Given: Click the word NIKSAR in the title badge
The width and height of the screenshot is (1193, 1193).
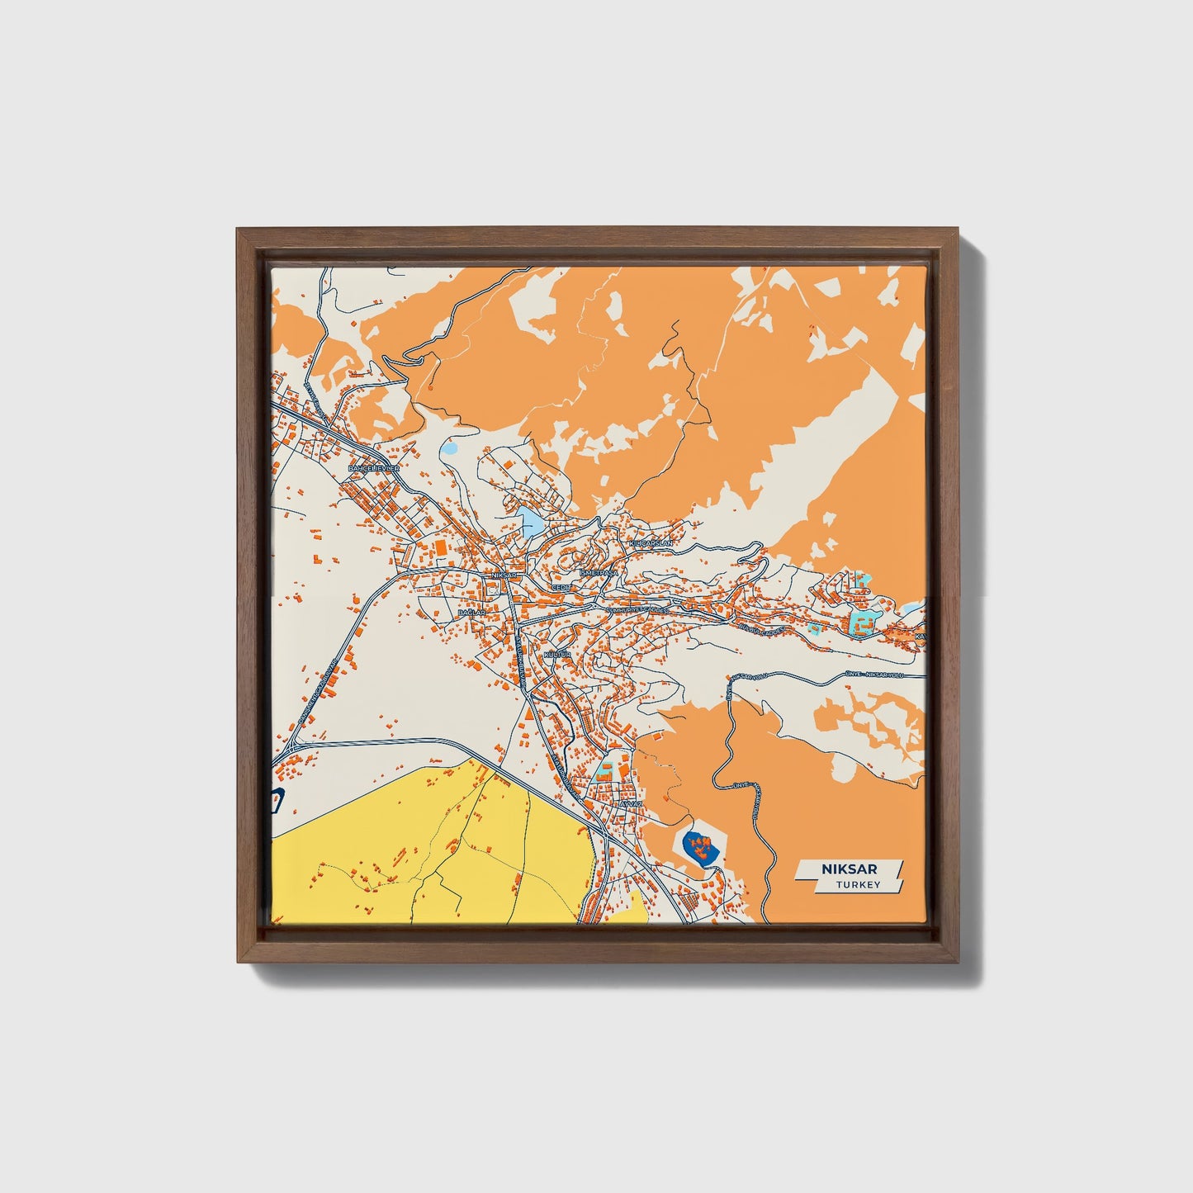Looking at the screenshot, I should pos(849,869).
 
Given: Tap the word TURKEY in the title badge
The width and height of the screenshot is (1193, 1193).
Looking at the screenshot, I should pos(858,885).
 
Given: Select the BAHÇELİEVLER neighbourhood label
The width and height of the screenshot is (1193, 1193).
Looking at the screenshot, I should pos(374,468).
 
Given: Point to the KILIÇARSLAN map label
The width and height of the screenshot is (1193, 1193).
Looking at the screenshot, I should pos(651,544).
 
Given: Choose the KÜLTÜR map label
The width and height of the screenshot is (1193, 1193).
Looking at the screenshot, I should pos(557,654).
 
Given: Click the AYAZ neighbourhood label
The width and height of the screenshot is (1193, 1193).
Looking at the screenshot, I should pos(630,802).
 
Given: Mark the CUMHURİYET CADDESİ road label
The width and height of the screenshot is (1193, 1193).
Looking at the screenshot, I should pos(640,609).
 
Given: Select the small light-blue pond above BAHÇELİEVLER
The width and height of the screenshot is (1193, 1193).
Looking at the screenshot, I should pos(450,450).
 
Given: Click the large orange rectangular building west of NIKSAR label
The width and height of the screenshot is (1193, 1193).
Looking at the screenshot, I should pos(440,548).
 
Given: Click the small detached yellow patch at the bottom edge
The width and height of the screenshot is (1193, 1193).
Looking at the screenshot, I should pos(637,907).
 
